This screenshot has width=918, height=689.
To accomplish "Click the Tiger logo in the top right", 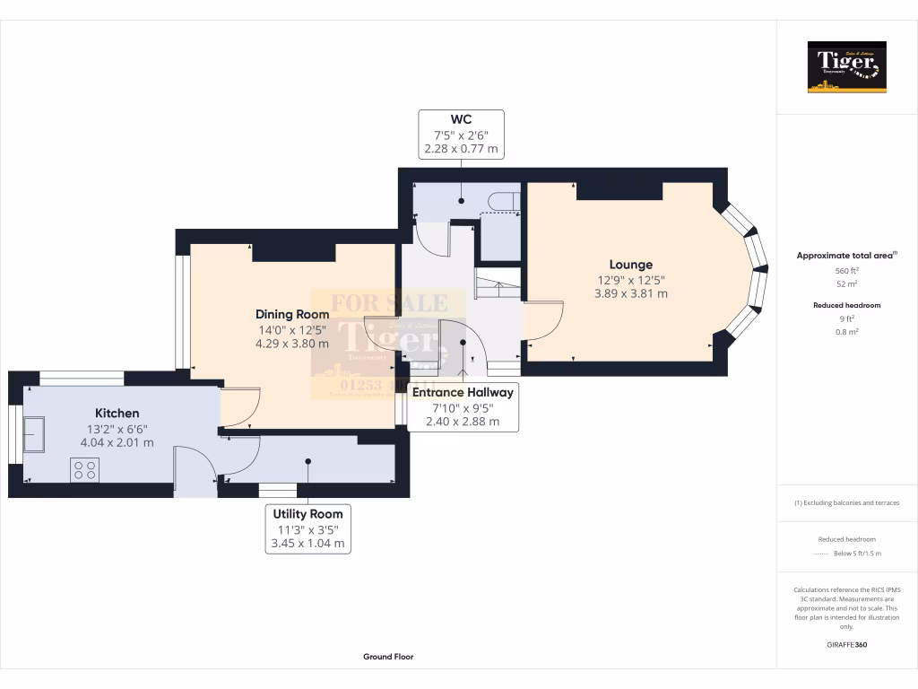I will click(x=846, y=66).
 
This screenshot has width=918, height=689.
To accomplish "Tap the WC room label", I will click(x=461, y=119).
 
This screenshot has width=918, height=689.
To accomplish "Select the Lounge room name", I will click(x=630, y=265).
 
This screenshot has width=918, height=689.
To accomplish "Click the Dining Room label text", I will click(x=292, y=314).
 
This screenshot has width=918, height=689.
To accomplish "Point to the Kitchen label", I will click(x=117, y=413).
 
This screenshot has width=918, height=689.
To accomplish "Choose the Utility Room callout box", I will click(x=307, y=528).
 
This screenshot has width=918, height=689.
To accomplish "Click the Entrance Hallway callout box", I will click(x=463, y=406).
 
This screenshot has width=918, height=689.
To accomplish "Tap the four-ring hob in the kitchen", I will click(x=85, y=469).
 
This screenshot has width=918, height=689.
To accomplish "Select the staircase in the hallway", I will click(x=497, y=287).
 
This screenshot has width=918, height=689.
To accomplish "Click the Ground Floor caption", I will click(x=388, y=657).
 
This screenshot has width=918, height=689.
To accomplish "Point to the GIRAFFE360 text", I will click(x=846, y=645).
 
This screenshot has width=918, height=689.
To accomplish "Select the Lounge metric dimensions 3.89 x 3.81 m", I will click(x=630, y=293).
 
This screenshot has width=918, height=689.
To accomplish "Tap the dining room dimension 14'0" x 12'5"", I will click(x=292, y=329).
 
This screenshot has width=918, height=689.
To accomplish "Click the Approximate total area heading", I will click(x=846, y=256).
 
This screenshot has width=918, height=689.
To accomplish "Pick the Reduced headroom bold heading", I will click(x=846, y=305).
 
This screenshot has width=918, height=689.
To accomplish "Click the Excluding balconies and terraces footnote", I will click(x=846, y=502).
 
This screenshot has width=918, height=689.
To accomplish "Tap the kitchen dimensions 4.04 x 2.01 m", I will click(x=117, y=442).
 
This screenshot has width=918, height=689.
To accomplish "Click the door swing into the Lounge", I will click(x=544, y=321).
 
